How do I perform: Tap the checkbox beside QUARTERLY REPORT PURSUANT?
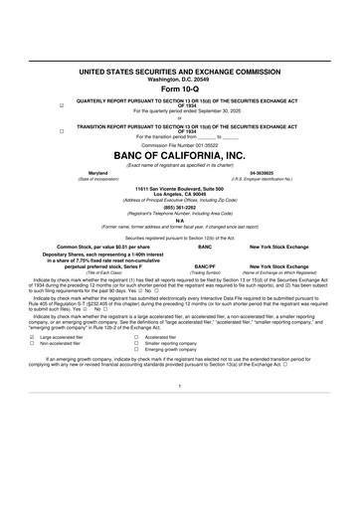tap(62, 103)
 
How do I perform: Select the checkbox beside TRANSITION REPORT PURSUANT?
tap(62, 130)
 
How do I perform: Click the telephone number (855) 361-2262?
tap(179, 208)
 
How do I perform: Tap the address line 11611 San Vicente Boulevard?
tap(179, 188)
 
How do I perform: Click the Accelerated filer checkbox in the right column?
tap(136, 338)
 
